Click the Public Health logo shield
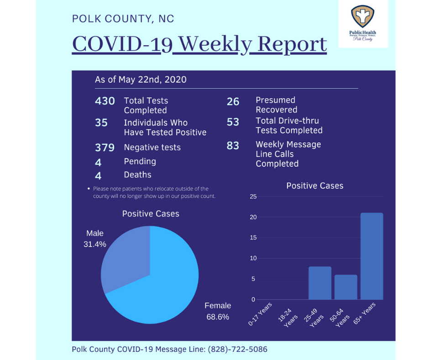362,16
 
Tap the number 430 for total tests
105,101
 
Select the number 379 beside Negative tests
105,148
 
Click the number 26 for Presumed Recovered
233,101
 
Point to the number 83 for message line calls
233,145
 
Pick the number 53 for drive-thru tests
233,122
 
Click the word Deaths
138,175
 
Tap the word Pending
140,162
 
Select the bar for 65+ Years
372,256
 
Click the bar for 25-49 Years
320,283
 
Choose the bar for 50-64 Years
346,287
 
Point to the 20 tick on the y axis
253,217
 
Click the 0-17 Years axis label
260,314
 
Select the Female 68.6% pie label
218,311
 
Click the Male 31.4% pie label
95,238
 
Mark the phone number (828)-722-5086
237,349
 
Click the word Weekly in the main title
215,44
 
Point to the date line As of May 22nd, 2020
141,80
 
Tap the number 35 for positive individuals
101,123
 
